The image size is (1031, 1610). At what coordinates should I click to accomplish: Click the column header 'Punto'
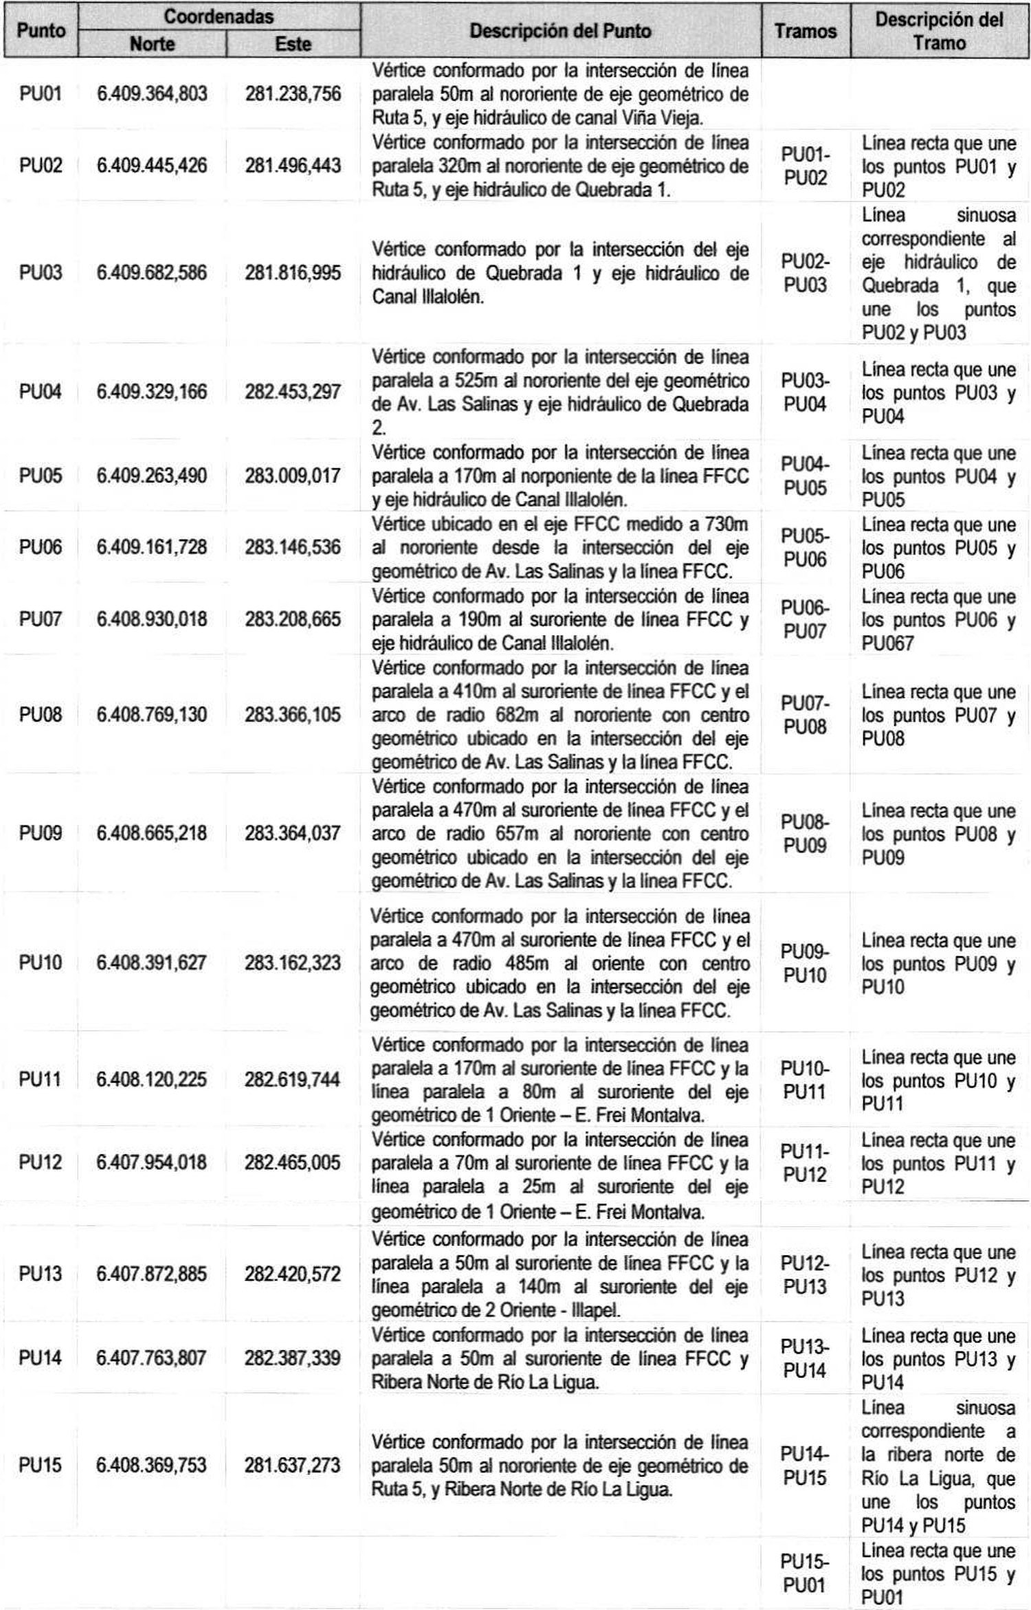(x=41, y=30)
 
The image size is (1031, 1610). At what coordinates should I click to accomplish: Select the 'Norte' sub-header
(x=152, y=44)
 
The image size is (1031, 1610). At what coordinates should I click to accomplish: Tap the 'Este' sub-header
(x=293, y=44)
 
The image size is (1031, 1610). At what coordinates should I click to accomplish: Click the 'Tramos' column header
(x=806, y=31)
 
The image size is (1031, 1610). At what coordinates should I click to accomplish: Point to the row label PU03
(x=41, y=273)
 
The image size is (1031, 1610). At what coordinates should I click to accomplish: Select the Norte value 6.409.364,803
(x=152, y=93)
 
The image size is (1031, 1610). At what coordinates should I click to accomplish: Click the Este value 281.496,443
(x=293, y=166)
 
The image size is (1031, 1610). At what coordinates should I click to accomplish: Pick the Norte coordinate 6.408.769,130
(x=152, y=715)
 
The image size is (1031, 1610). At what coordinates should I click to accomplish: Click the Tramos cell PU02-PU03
(x=806, y=273)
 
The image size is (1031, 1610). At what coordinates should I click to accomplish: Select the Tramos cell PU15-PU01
(x=805, y=1574)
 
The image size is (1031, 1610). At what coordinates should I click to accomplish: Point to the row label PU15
(x=41, y=1465)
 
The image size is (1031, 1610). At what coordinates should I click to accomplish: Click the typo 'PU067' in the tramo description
(x=888, y=643)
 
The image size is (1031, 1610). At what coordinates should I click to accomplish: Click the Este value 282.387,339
(x=293, y=1358)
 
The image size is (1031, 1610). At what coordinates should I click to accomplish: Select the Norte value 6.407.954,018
(x=152, y=1162)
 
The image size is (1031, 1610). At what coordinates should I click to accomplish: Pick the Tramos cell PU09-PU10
(x=805, y=963)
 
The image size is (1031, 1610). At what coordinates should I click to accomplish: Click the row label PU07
(x=41, y=619)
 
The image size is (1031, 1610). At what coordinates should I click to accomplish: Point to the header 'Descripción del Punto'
(x=560, y=31)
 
